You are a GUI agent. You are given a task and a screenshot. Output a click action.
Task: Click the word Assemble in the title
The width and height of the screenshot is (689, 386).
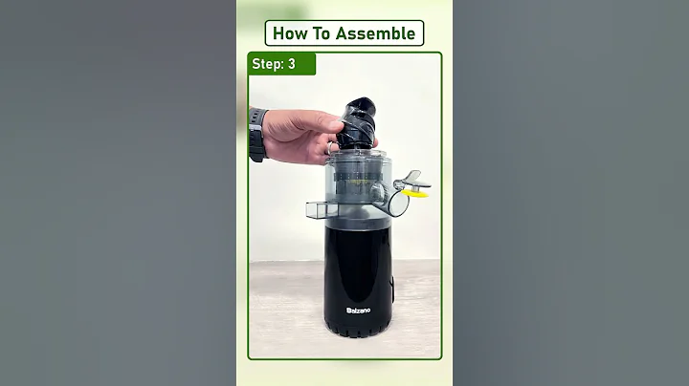point(376,33)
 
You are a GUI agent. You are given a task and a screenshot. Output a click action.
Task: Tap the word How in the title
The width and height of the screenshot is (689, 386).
point(288,33)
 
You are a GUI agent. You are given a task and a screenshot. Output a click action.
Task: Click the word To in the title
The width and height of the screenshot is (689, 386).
point(321,33)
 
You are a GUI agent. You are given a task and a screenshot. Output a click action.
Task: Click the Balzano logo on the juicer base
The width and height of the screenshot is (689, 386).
point(359,310)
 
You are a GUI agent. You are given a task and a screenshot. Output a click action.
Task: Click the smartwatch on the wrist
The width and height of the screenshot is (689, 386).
point(256,135)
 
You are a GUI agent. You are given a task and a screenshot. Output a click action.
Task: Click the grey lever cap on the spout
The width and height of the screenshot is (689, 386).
point(411,178)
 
